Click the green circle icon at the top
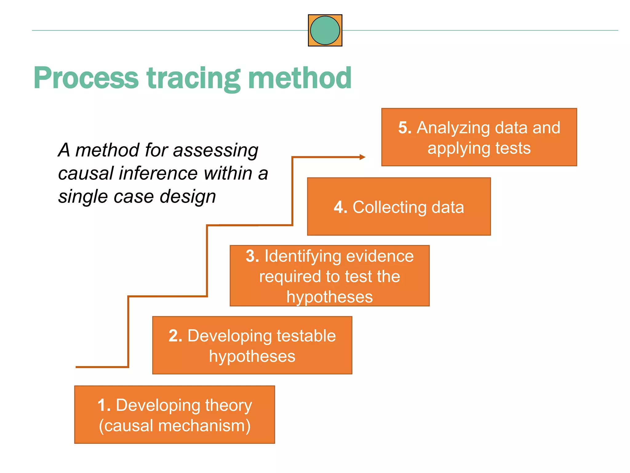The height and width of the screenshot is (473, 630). click(325, 30)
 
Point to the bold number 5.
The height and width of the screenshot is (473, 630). click(405, 127)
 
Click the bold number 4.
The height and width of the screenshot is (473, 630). click(340, 207)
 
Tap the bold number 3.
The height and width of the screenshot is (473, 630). click(252, 256)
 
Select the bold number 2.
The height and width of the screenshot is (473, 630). click(175, 336)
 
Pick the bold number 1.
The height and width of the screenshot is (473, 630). click(104, 405)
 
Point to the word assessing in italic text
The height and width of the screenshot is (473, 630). click(216, 150)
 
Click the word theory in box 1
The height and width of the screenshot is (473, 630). click(228, 406)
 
